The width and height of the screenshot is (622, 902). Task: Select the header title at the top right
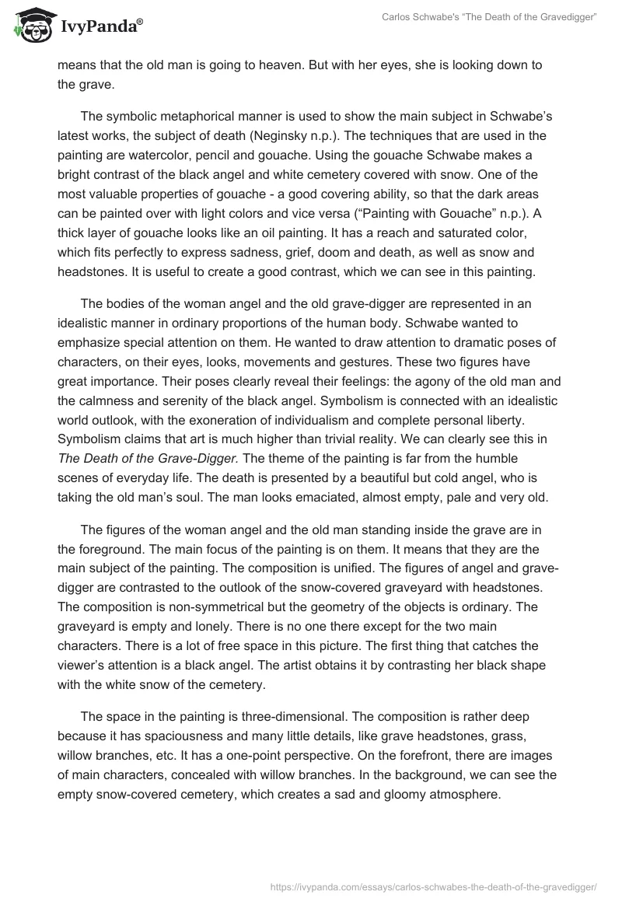click(488, 17)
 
